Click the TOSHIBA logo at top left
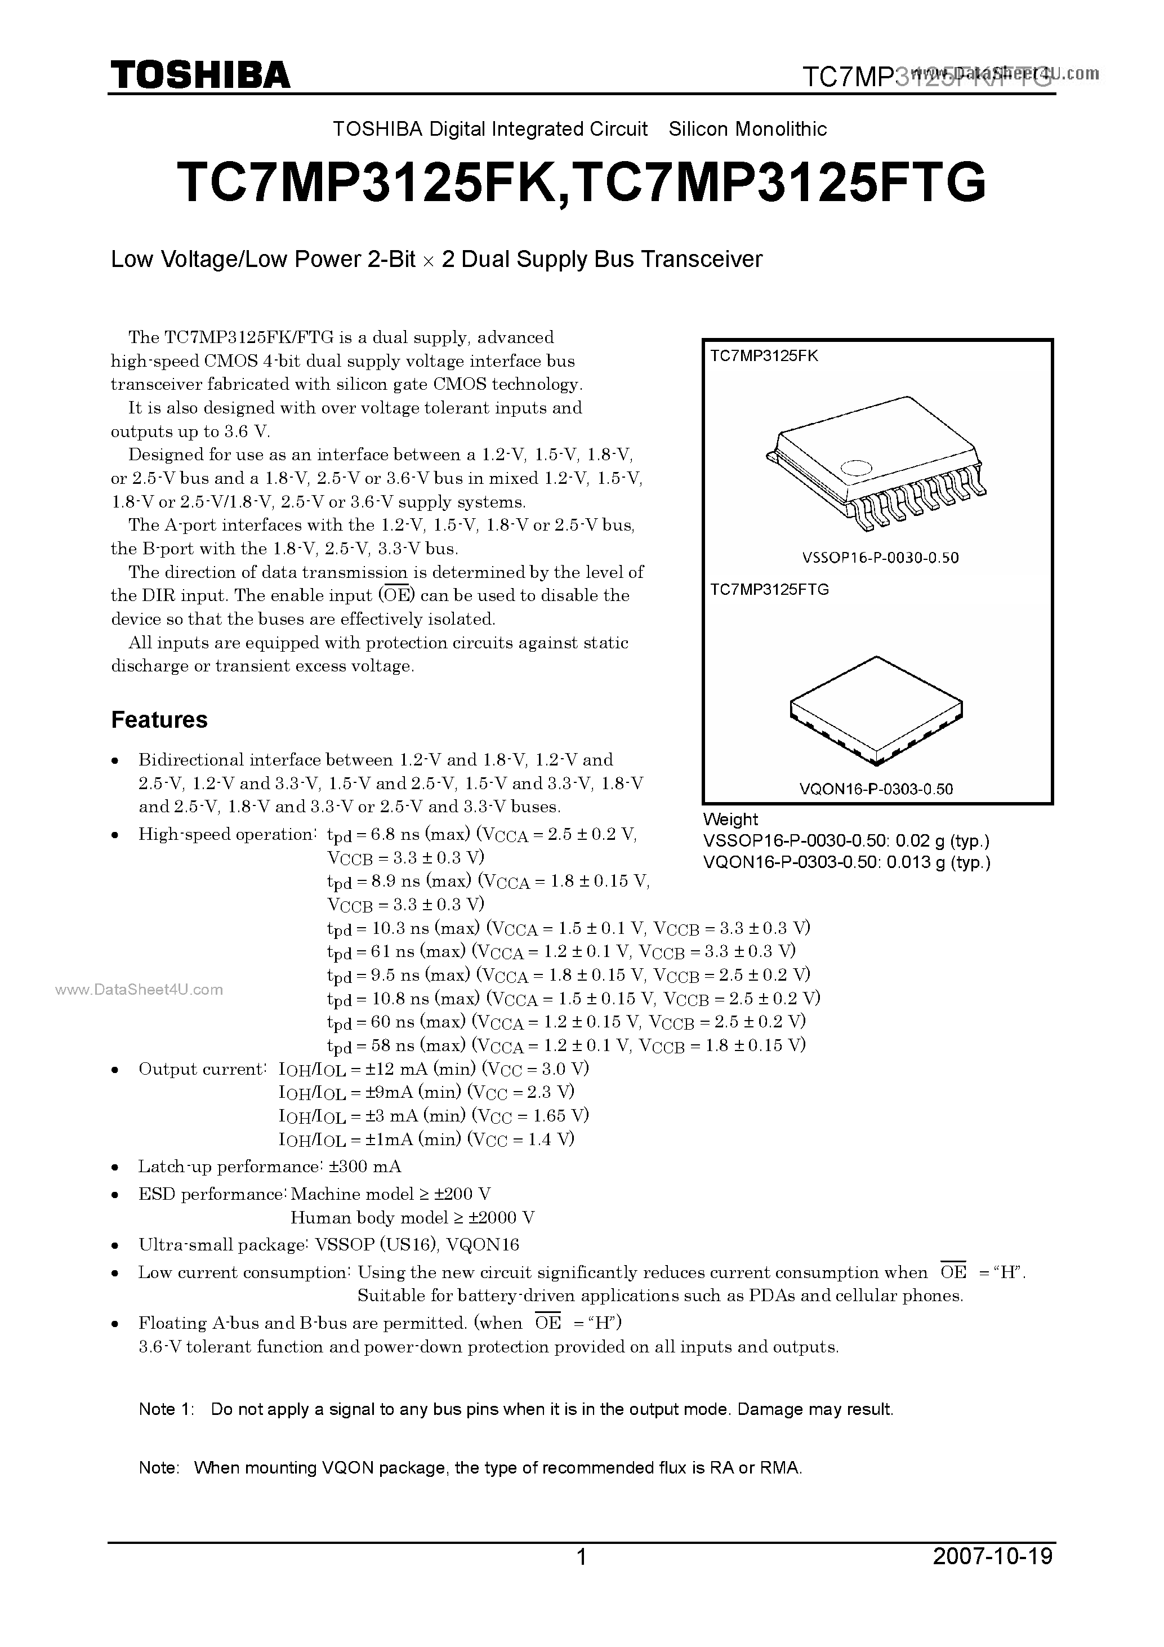(199, 74)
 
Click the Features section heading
(159, 719)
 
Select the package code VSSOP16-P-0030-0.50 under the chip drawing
(880, 558)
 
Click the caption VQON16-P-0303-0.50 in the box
(876, 789)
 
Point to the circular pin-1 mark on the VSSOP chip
(855, 467)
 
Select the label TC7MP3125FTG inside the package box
(770, 590)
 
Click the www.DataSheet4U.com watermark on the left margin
(139, 990)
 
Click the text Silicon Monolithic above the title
(747, 129)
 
